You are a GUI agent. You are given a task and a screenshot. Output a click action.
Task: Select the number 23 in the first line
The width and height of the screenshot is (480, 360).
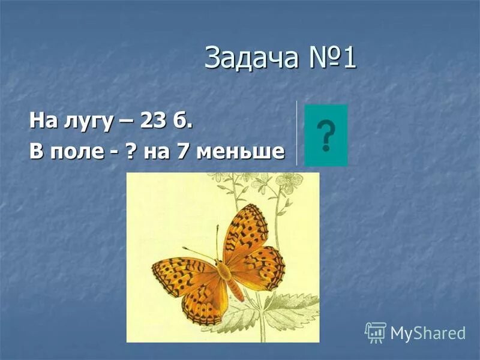152,121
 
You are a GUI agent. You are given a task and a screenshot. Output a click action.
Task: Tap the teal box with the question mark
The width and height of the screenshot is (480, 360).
326,135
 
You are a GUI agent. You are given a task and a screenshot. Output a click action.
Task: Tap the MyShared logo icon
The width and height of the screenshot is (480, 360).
376,332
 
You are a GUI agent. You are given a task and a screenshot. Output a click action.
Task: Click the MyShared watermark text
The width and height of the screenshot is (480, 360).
427,334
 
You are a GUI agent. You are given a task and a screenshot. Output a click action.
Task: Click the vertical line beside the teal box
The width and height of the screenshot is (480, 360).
296,133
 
